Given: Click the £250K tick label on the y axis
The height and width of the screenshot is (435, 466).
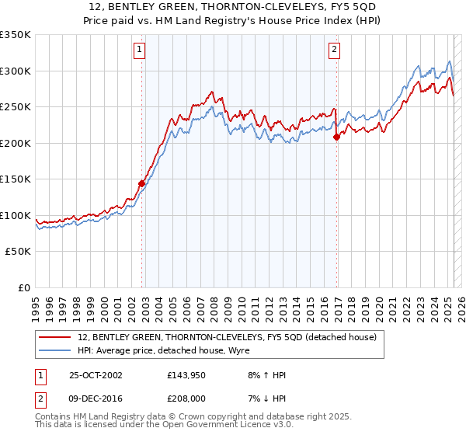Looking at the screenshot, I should pyautogui.click(x=15, y=107).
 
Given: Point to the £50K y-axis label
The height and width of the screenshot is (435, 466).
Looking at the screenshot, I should pyautogui.click(x=18, y=252).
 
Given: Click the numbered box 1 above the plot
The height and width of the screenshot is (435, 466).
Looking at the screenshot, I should pyautogui.click(x=139, y=50).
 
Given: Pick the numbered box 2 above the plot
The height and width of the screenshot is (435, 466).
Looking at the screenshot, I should pyautogui.click(x=335, y=50).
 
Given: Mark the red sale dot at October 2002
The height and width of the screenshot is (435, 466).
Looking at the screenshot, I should pyautogui.click(x=142, y=184).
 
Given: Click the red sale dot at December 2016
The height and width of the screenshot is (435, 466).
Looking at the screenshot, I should pyautogui.click(x=336, y=137).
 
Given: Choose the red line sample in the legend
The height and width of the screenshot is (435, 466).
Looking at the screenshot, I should pyautogui.click(x=55, y=337).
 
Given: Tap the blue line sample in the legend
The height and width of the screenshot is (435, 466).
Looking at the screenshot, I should pyautogui.click(x=55, y=350).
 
